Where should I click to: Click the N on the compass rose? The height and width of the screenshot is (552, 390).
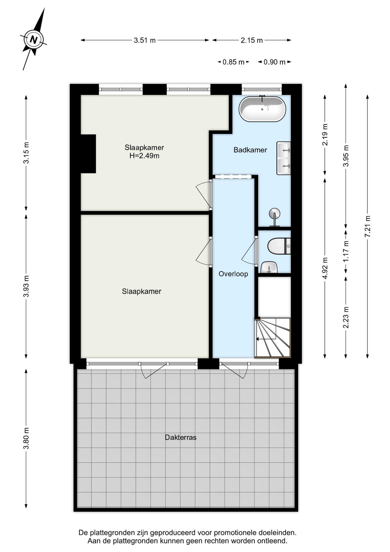pos(34,39)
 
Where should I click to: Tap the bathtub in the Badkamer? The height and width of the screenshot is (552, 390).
pos(262,109)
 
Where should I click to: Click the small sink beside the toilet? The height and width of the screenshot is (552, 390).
pos(269,267)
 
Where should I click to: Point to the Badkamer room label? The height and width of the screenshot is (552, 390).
pos(250,150)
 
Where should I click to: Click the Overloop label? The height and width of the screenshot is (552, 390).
pos(233,274)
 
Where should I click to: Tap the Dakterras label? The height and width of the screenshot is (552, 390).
pos(181,437)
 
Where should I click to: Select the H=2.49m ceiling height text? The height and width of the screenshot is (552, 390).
pos(144,156)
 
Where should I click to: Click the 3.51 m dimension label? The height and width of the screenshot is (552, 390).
pos(145,40)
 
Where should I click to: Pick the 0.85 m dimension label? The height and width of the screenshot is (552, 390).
pos(233,62)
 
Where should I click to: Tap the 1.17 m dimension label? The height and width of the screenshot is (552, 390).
pos(346,251)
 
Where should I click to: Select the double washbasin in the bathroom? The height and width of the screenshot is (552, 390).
pos(284,158)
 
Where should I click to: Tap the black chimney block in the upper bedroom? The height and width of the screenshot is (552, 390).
pos(88,154)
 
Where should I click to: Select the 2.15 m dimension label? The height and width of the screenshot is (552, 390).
pos(252,40)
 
